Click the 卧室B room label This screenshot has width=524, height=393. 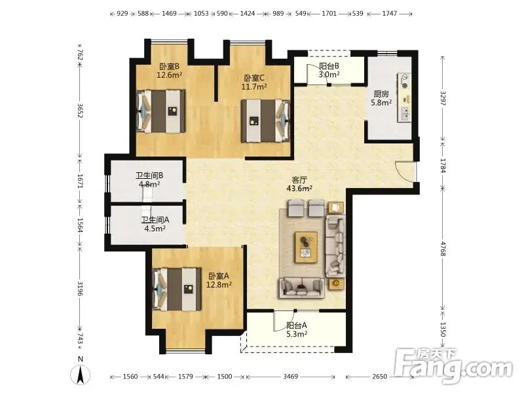(169, 66)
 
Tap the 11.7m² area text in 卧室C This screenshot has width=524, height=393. (254, 87)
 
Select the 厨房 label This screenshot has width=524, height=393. (381, 94)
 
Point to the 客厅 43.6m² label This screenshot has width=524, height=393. (299, 184)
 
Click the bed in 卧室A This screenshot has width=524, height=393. (177, 290)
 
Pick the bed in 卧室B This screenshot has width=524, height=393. (160, 111)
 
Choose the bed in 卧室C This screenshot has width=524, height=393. (266, 121)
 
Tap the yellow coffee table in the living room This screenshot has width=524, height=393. (306, 248)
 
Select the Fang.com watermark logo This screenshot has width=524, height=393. (453, 366)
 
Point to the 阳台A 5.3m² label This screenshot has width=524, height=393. (297, 329)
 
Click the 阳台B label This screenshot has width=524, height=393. (329, 66)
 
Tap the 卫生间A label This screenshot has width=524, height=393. (155, 220)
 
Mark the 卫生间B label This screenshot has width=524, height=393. (149, 176)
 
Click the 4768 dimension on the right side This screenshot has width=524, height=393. (443, 249)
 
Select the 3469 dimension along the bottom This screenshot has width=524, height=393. (290, 377)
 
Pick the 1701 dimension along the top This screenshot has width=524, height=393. (329, 14)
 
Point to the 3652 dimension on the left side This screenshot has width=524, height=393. (80, 110)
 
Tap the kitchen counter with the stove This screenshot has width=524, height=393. (404, 97)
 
